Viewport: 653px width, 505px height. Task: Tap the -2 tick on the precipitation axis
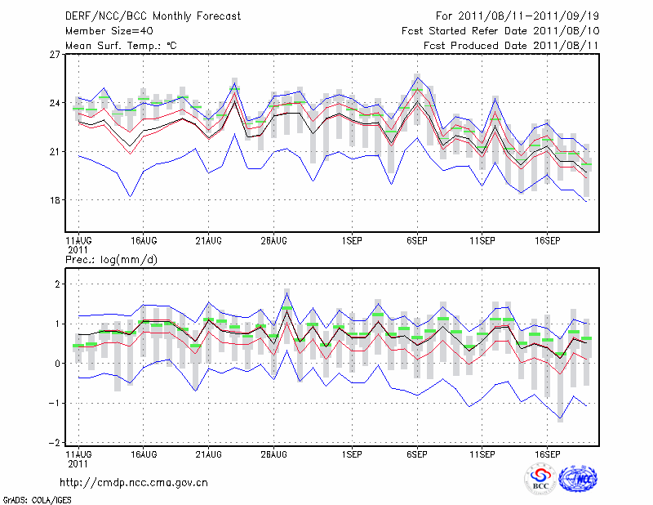click(x=56, y=443)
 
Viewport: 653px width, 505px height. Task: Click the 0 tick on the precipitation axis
click(x=58, y=364)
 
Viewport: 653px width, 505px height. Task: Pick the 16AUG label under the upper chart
click(x=144, y=241)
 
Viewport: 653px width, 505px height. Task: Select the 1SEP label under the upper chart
click(x=352, y=241)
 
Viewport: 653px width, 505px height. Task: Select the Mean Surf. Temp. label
click(x=121, y=46)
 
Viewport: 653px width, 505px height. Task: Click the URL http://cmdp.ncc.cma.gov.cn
click(x=134, y=482)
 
